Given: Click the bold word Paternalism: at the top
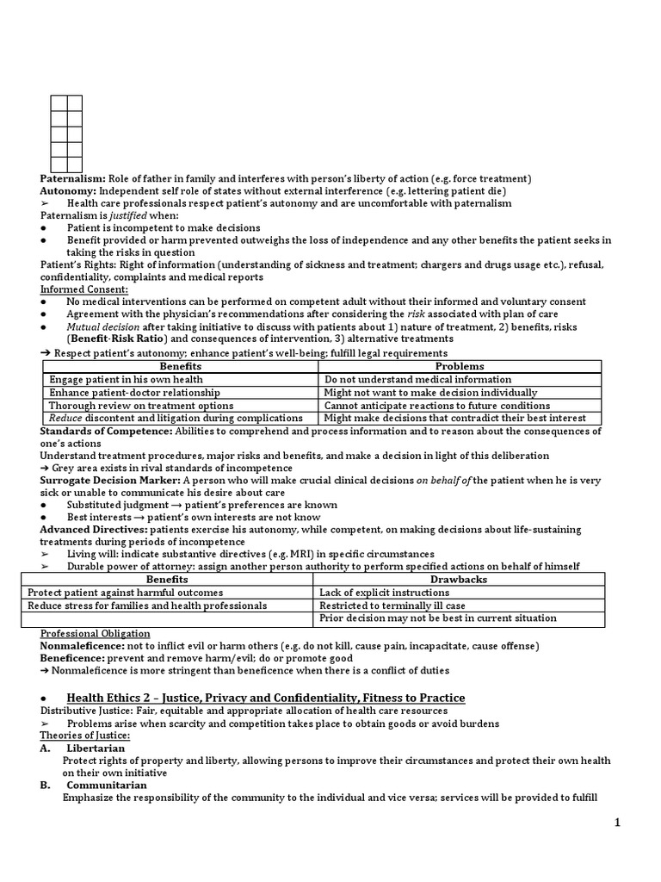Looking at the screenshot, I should pos(73,178).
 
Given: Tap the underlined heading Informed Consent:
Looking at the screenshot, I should pos(83,289).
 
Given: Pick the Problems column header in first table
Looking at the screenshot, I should pos(460,366).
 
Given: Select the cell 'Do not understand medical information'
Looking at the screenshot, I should pos(417,379).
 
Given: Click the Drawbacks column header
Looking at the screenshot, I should pos(458,580).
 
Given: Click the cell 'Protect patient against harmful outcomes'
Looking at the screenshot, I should pos(125,593).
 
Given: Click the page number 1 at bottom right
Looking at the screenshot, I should pos(640,823).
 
